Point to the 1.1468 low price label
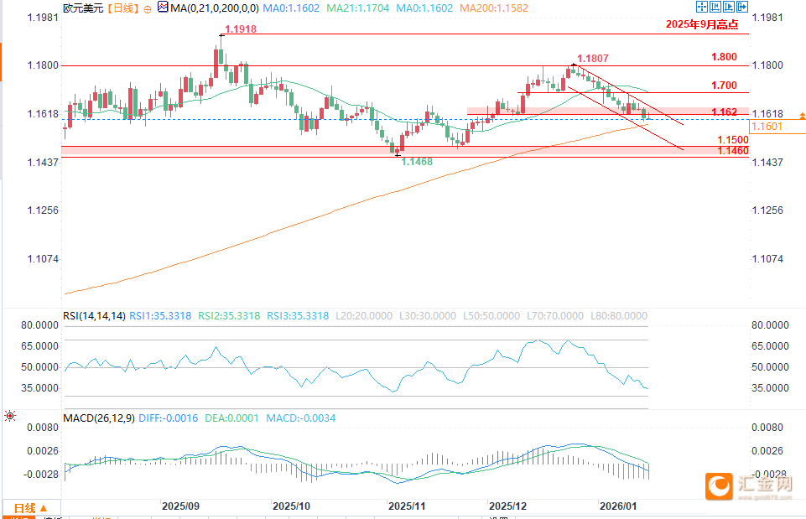417,162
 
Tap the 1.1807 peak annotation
593,59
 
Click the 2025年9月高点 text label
701,25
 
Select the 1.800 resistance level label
723,57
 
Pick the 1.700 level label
723,86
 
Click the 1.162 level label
724,112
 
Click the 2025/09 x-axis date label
180,506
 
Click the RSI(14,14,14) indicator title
94,316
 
